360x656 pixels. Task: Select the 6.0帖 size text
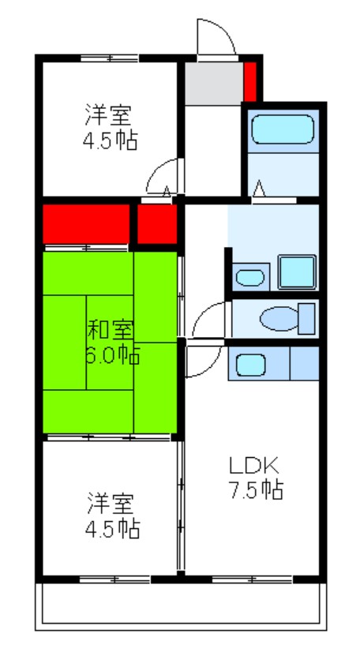(111, 354)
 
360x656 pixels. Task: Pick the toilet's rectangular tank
(306, 318)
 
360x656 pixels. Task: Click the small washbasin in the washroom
(250, 277)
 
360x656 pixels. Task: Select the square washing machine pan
(297, 272)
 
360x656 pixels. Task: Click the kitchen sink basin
(251, 365)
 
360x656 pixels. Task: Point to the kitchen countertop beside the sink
(304, 364)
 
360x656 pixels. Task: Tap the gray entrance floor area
(213, 82)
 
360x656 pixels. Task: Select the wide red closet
(85, 224)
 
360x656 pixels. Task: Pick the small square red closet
(156, 224)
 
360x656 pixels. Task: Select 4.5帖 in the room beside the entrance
(111, 141)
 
